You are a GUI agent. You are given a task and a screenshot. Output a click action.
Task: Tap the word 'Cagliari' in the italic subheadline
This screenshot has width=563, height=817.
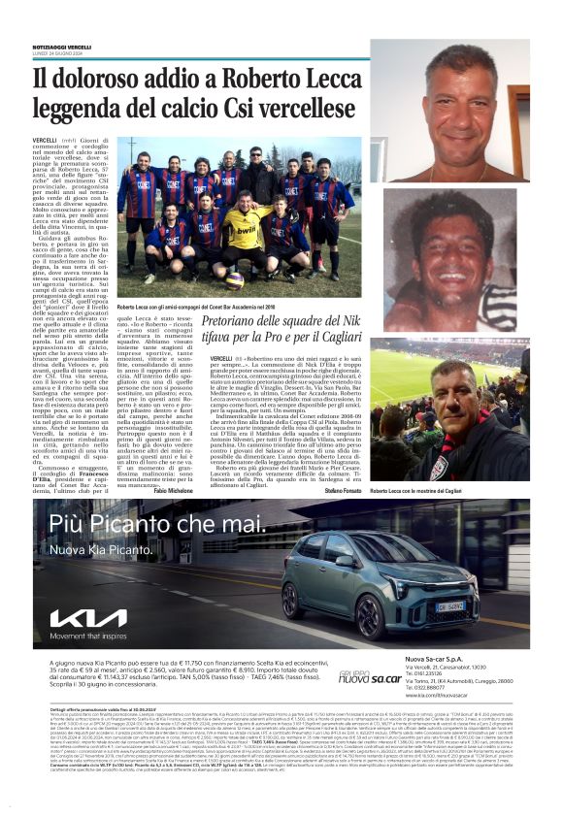[x=337, y=339]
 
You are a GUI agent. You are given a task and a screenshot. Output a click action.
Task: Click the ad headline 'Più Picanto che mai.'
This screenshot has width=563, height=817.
[x=155, y=525]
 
